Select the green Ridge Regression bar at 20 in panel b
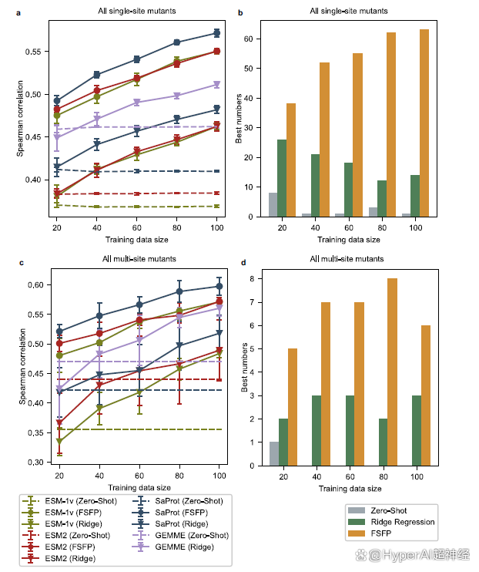pyautogui.click(x=282, y=178)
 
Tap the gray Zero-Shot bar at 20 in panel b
pyautogui.click(x=273, y=204)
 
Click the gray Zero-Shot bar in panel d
pyautogui.click(x=273, y=453)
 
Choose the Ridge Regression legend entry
pyautogui.click(x=392, y=521)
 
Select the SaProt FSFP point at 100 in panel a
pyautogui.click(x=217, y=33)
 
